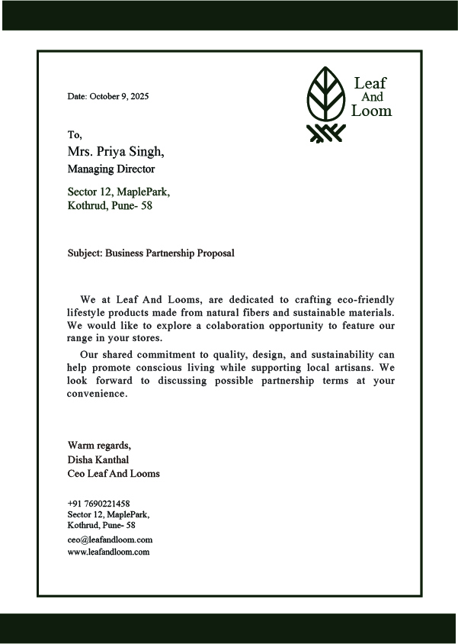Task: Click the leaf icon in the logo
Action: [325, 92]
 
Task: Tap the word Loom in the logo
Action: [371, 111]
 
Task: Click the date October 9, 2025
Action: [119, 97]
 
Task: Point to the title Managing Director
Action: [111, 169]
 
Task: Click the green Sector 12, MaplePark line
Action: [118, 192]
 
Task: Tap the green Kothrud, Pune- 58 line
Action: [110, 206]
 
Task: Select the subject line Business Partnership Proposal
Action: [169, 253]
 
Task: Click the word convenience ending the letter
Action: [96, 394]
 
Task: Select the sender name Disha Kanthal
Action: [98, 459]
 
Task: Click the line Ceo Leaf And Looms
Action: [114, 474]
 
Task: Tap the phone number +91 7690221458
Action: [98, 504]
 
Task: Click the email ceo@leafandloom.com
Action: [110, 539]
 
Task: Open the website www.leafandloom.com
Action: [108, 552]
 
